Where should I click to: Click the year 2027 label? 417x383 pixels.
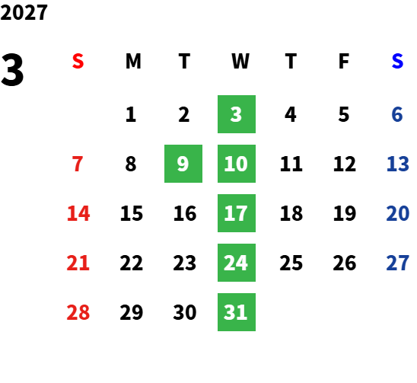(x=24, y=12)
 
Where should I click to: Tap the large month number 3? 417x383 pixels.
(x=12, y=69)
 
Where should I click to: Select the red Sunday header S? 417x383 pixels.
(x=78, y=61)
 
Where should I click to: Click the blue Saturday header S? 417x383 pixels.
(x=397, y=61)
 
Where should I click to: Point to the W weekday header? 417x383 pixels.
(x=240, y=61)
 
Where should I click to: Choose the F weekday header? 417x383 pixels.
(x=344, y=61)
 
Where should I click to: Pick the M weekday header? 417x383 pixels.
(x=133, y=61)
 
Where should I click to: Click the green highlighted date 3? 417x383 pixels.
(x=237, y=114)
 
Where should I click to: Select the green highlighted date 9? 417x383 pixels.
(x=183, y=164)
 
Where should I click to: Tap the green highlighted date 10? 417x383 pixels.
(x=237, y=164)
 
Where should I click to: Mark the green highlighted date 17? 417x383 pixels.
(x=237, y=213)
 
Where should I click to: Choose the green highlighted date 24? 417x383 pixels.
(x=237, y=263)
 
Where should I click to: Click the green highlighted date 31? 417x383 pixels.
(x=237, y=312)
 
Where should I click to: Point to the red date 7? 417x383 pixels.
(x=78, y=164)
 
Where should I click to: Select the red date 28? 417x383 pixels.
(x=78, y=312)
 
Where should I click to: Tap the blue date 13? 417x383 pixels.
(x=398, y=164)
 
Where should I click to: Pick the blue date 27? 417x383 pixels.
(x=398, y=263)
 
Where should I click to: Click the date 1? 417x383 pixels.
(x=131, y=114)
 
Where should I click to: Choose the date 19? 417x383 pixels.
(x=345, y=213)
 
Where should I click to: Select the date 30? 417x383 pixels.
(x=185, y=312)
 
